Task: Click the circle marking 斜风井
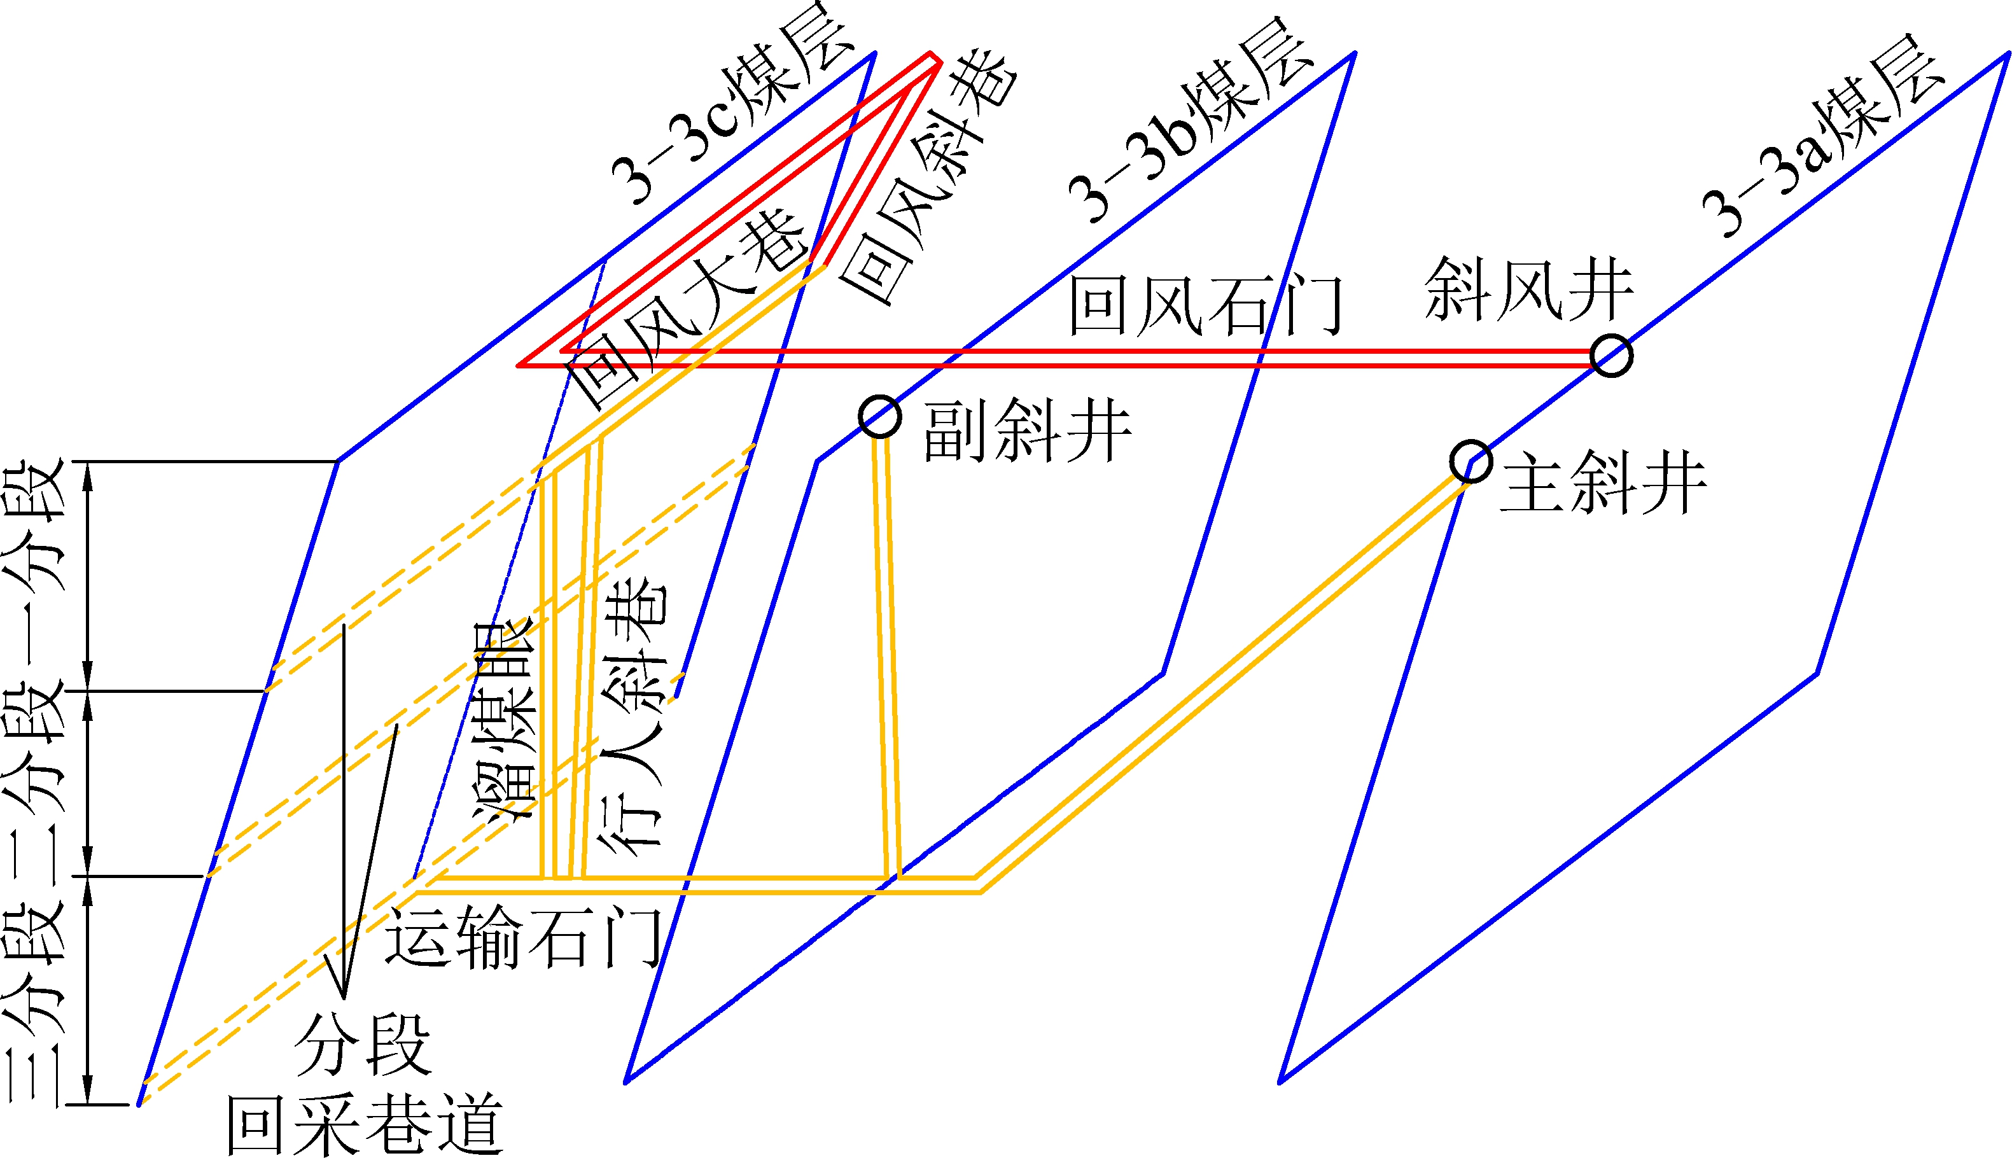point(1611,356)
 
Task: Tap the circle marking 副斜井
point(879,417)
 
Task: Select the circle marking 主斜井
point(1471,461)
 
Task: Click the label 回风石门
point(1205,305)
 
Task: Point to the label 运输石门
point(523,938)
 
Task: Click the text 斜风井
point(1528,289)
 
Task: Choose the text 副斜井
point(1026,431)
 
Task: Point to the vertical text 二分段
point(33,783)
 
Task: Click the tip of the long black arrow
point(344,998)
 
